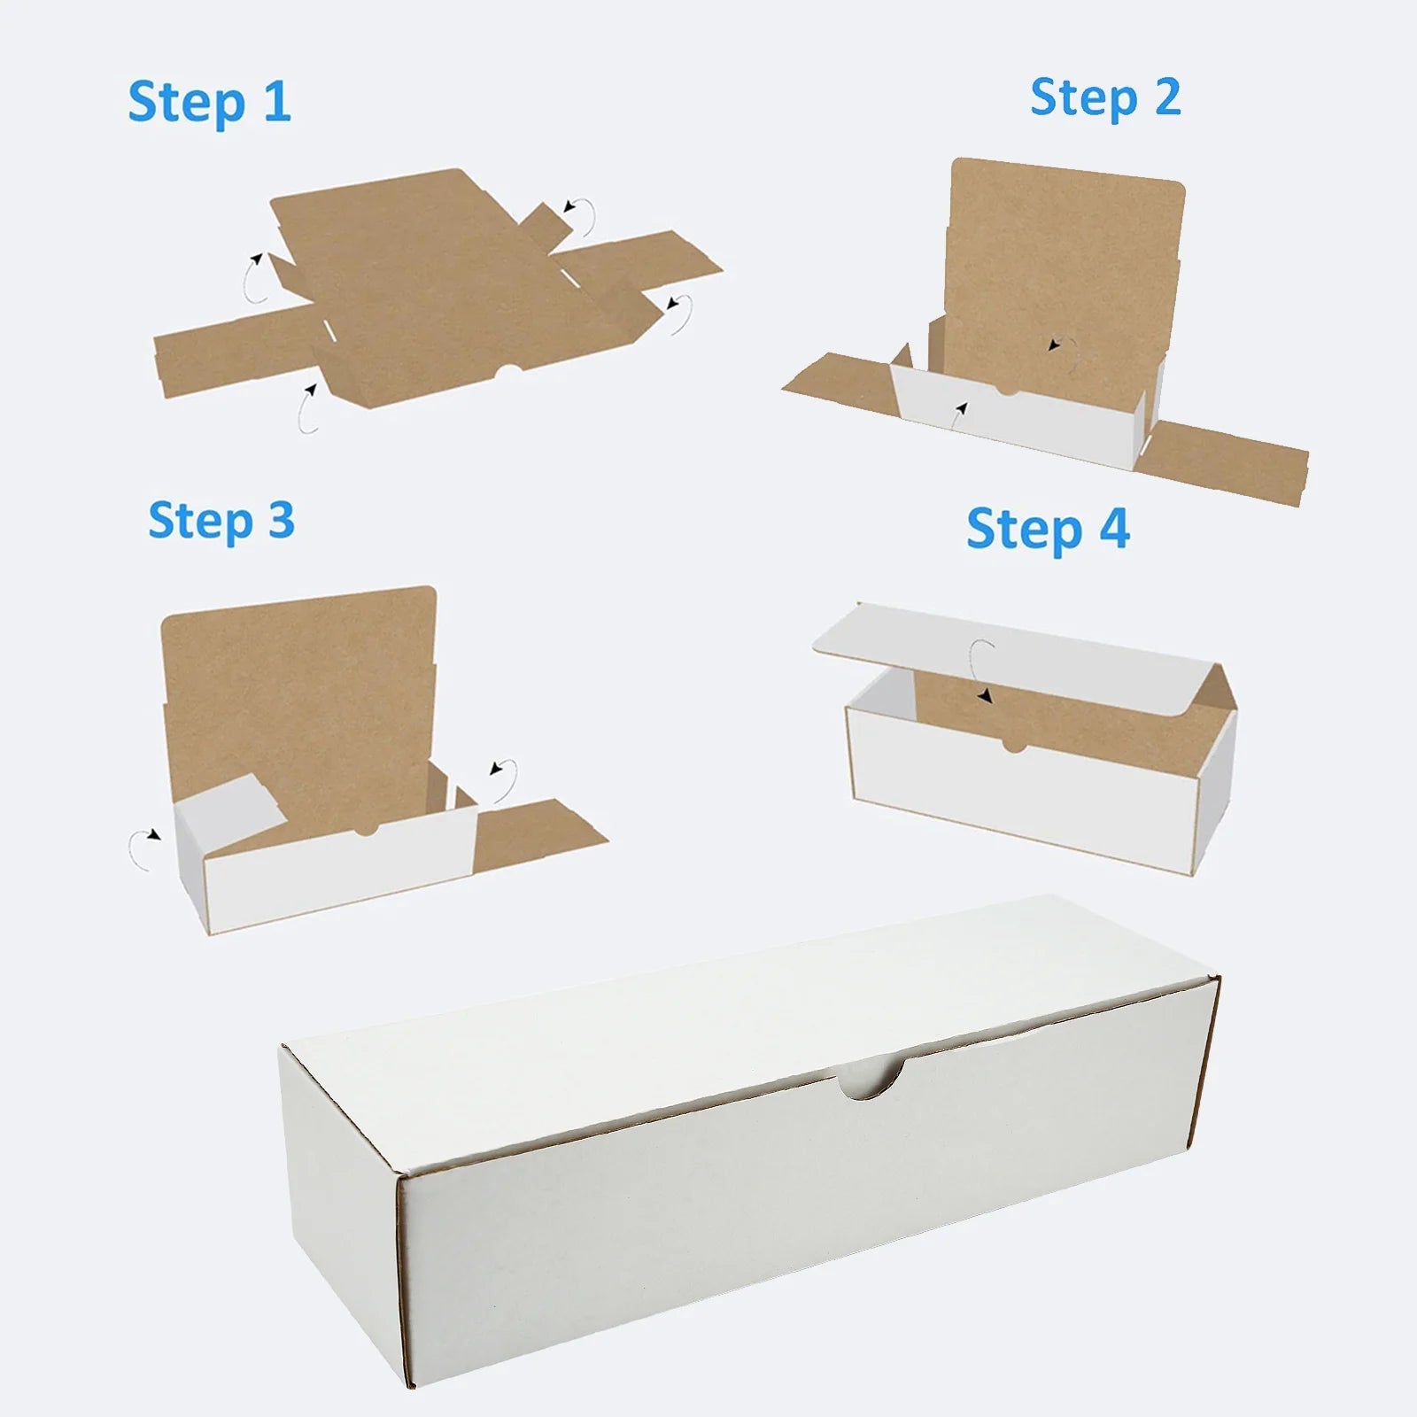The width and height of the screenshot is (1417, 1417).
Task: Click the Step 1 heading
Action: point(209,103)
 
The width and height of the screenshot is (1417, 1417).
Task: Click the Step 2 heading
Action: point(1104,98)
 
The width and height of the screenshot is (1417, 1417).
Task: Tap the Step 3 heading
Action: point(221,521)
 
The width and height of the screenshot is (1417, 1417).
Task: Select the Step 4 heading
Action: point(1047,530)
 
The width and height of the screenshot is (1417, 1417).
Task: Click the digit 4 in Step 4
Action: point(1114,529)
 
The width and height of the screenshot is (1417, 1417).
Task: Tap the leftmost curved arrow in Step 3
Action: point(142,848)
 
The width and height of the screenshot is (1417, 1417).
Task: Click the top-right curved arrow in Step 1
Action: point(579,215)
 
